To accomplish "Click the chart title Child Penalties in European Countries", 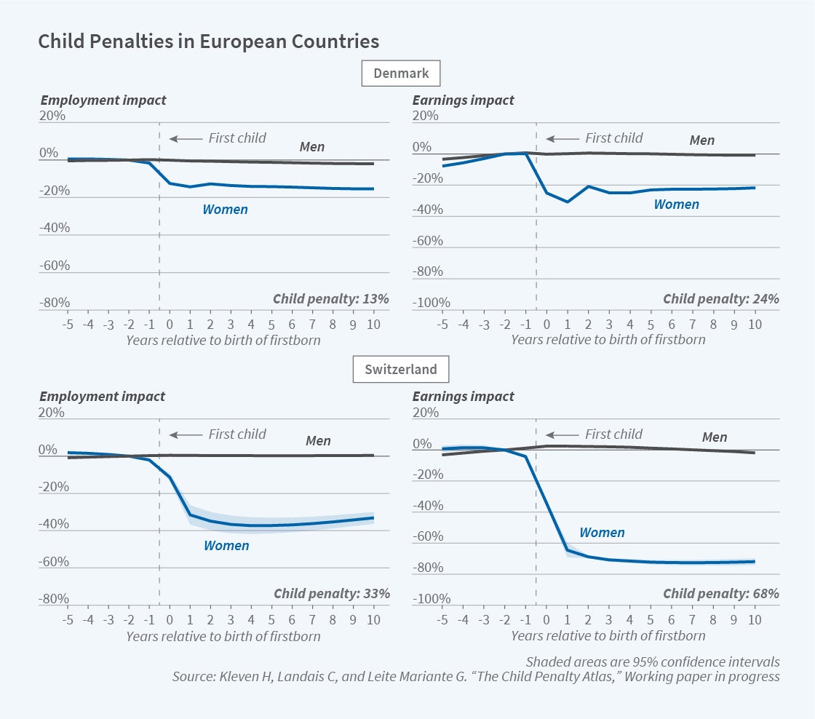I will [208, 41].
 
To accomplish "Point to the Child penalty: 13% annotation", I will [331, 298].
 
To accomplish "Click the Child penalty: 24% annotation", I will [720, 298].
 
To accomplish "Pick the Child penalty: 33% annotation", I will [331, 593].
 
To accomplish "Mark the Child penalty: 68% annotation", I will [720, 593].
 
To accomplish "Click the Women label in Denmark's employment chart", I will [225, 210].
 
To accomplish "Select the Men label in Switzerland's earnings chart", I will [715, 437].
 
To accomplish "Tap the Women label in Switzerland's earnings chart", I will [602, 533].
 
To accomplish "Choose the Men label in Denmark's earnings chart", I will [701, 140].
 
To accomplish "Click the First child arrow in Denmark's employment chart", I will [186, 138].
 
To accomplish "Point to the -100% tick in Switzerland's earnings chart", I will [431, 599].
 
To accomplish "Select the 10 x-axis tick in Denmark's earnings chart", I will [755, 324].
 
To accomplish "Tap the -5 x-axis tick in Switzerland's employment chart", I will [68, 620].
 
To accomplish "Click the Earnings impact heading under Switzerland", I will [463, 397].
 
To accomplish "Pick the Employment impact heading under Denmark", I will [103, 100].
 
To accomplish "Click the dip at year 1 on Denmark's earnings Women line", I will [568, 202].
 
